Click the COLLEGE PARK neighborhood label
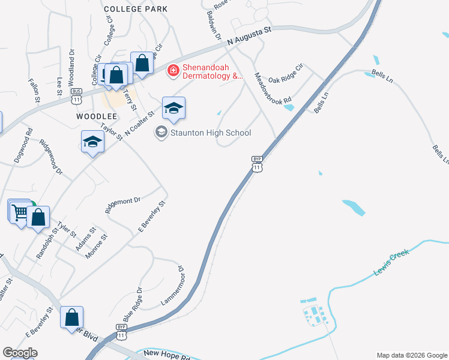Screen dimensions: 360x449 [136, 9]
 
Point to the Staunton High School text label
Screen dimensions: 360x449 [211, 133]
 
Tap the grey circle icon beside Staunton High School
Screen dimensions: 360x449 [161, 131]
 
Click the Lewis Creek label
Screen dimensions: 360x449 [391, 263]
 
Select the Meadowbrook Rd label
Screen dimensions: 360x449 [273, 88]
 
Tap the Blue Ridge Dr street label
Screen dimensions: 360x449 [132, 304]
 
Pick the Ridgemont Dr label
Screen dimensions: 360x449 [122, 205]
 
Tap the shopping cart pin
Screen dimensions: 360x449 [19, 212]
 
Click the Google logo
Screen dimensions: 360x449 [20, 353]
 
